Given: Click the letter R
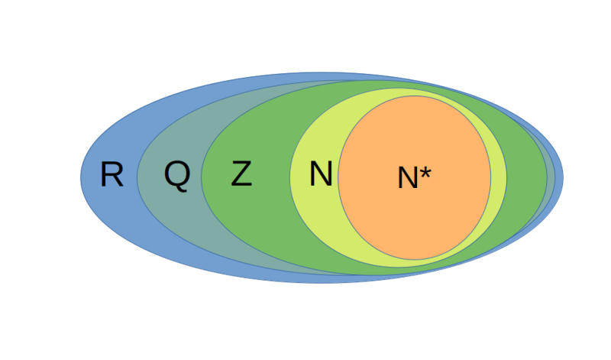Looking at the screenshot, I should point(112,176).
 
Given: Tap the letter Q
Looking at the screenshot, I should point(176,176).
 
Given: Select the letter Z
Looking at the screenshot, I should point(241,176).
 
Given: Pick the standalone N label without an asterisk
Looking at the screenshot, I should point(321,176).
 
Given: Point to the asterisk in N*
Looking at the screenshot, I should point(425,174).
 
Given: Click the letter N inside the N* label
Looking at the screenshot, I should point(408,179).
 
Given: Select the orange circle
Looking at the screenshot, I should point(428,222).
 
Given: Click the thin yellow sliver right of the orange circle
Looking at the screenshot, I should point(498,177).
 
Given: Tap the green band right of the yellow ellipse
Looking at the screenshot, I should point(527,177).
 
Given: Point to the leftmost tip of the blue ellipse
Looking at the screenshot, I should point(81,177).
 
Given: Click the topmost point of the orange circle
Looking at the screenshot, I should point(415,96).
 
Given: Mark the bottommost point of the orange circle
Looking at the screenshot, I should point(415,260).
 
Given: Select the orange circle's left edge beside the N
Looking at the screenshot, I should point(339,177).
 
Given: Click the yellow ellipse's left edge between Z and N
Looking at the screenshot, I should point(290,177).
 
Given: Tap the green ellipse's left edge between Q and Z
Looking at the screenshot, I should point(202,177).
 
